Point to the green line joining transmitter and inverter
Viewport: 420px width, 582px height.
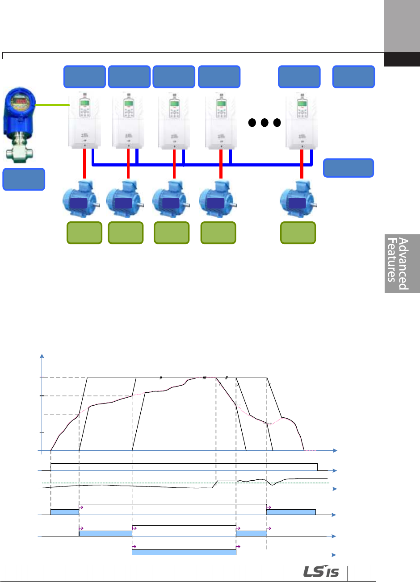(52, 105)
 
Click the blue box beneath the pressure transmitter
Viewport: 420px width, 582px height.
(24, 179)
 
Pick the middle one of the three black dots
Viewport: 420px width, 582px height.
(265, 122)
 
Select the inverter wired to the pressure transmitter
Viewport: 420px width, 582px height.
(84, 121)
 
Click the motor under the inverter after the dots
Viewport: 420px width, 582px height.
(298, 199)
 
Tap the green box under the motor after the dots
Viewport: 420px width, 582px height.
(298, 233)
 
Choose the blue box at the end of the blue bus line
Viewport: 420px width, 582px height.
(348, 168)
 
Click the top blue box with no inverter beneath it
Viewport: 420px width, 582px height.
(353, 77)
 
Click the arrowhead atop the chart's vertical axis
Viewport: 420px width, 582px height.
(42, 356)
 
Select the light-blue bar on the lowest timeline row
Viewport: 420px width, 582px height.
(184, 552)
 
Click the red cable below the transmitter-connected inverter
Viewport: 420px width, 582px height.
(84, 163)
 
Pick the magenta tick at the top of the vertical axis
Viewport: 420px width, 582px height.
(42, 378)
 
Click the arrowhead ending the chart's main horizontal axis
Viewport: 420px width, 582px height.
(335, 451)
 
